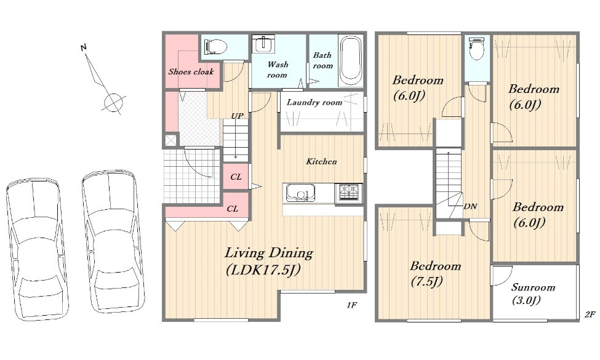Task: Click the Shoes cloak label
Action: pos(191,71)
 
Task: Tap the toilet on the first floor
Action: pos(215,47)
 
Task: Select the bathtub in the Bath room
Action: pos(351,60)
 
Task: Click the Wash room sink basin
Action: pos(263,44)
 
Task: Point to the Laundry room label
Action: pos(314,102)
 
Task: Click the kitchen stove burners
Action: pos(348,193)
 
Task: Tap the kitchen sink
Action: pos(301,193)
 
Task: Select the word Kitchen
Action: pos(321,161)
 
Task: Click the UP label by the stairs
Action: pos(237,116)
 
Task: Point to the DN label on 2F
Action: pos(470,206)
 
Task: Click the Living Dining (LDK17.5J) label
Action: pos(269,262)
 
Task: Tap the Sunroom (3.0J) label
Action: pos(533,294)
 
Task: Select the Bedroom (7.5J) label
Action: pos(435,274)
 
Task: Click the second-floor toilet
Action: pos(476,48)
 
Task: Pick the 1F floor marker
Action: pos(351,305)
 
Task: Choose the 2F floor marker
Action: pos(590,314)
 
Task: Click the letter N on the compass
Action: pos(84,47)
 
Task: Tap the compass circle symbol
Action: pos(113,103)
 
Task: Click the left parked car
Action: pos(37,249)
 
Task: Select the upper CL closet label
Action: pos(236,177)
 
